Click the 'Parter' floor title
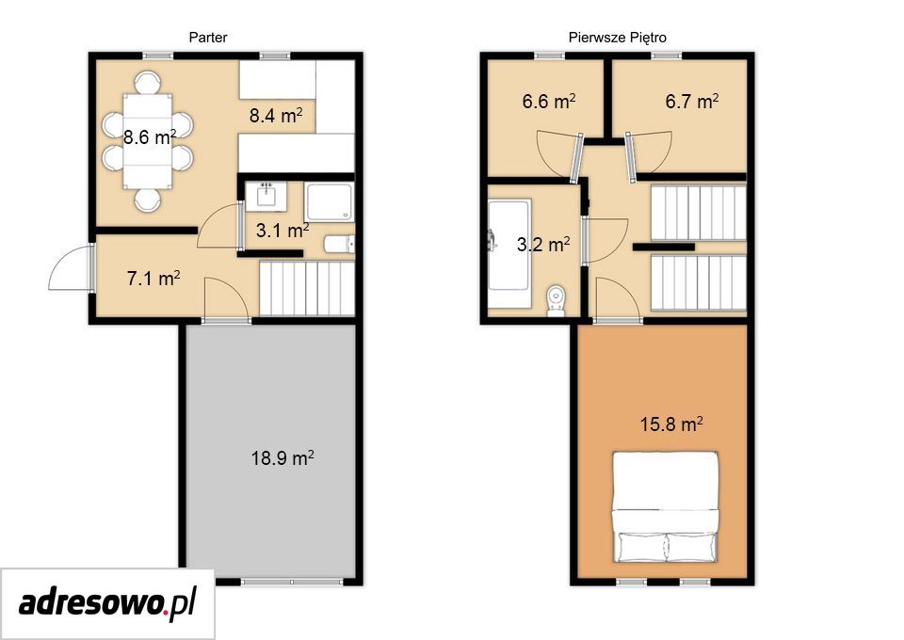point(208,38)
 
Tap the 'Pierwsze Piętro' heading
point(618,38)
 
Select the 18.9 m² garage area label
point(282,458)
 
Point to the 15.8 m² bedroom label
point(671,424)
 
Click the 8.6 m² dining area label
point(150,136)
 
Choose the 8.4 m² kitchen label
point(276,115)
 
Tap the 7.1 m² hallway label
point(153,279)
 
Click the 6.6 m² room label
point(549,102)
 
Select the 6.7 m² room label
point(692,102)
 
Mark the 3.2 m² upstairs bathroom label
point(543,245)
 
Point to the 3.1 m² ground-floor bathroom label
point(282,231)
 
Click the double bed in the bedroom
point(666,507)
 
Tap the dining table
point(148,141)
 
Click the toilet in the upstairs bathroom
point(557,300)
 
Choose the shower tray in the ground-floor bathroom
point(330,202)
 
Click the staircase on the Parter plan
point(307,289)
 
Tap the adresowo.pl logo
point(107,603)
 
